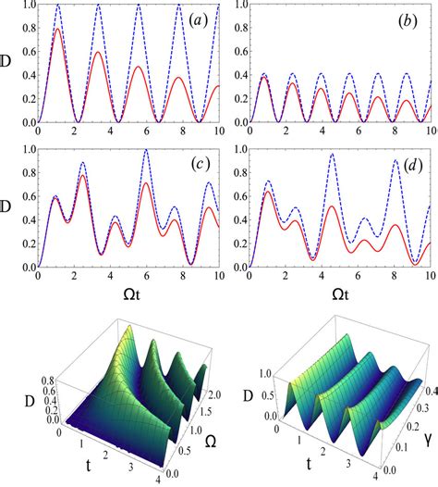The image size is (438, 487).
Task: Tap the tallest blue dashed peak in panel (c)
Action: [146, 150]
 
